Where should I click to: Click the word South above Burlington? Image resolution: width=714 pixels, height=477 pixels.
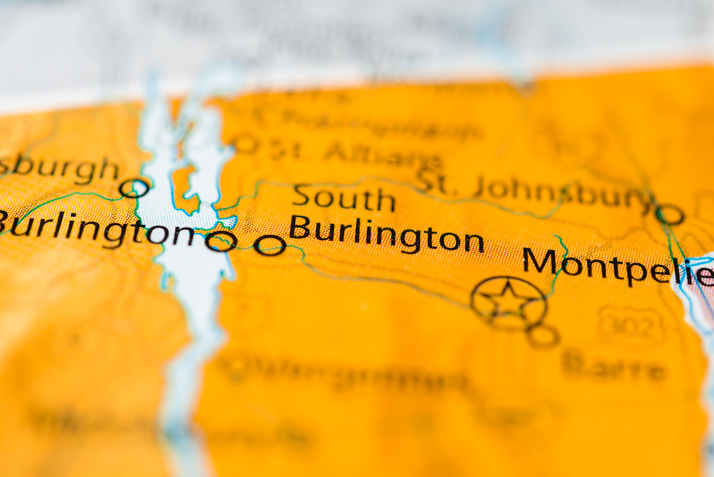(x=344, y=199)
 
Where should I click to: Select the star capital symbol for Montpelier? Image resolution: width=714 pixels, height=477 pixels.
(x=508, y=303)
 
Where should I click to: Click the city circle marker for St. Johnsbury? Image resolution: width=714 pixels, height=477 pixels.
(x=670, y=214)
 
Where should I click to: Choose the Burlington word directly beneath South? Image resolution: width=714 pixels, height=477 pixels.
(x=386, y=235)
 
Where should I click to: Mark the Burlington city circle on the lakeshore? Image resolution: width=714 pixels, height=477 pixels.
(x=221, y=241)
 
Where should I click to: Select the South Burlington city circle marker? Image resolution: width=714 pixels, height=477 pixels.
(x=269, y=245)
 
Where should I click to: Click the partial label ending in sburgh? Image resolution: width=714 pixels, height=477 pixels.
(x=59, y=169)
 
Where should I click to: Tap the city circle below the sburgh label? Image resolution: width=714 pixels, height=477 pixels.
(x=134, y=188)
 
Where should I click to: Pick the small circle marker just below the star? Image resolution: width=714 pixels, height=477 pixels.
(x=542, y=336)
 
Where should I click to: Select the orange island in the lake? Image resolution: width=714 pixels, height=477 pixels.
(x=184, y=189)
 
